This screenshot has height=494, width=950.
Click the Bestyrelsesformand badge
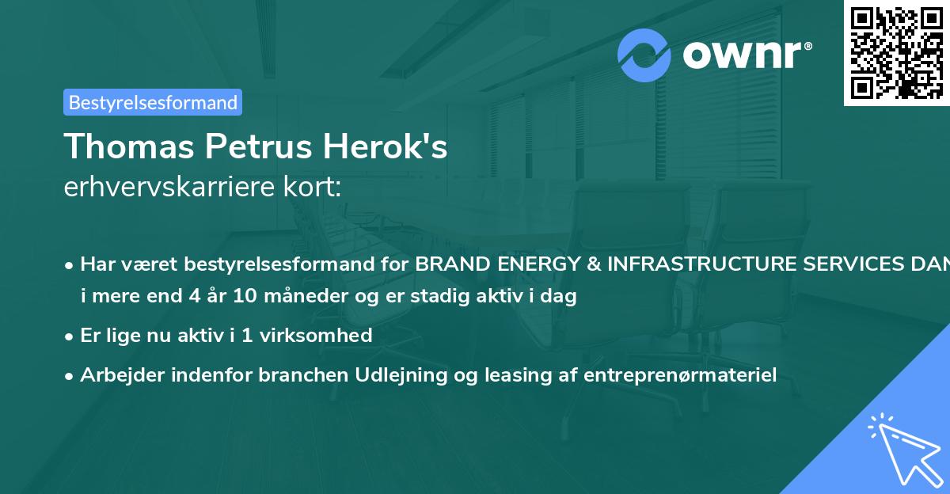point(153,102)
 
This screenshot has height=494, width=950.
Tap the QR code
point(896,52)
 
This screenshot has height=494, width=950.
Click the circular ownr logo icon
point(644,55)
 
